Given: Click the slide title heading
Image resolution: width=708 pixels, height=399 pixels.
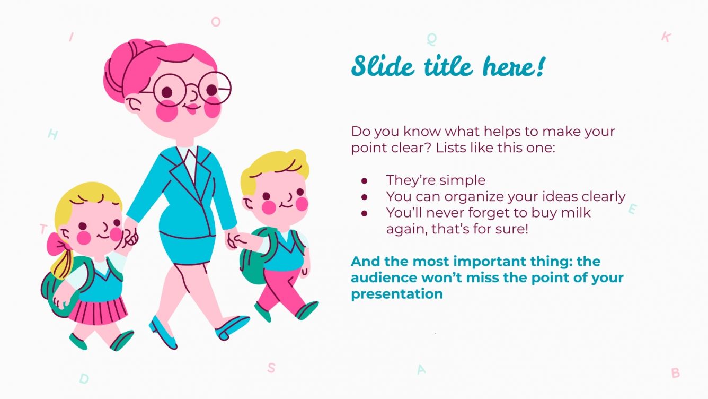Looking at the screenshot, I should point(448,67).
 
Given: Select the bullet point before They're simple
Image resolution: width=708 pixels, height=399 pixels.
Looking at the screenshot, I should point(364,180).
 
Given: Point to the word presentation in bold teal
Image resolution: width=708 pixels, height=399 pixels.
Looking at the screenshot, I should point(396,293).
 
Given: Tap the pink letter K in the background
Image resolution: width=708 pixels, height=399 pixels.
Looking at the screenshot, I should point(666,37).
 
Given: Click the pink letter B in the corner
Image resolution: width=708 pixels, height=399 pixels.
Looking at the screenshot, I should point(675,373).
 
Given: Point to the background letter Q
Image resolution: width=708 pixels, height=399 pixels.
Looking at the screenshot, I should point(432,39).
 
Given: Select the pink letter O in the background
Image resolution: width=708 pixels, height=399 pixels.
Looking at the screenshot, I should point(216,22).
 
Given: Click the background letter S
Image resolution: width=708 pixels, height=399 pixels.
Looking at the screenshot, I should point(271,368).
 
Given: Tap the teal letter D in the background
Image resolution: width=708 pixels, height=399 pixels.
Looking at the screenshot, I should point(84,378).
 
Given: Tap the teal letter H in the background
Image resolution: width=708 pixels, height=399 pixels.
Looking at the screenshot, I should point(52,134).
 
